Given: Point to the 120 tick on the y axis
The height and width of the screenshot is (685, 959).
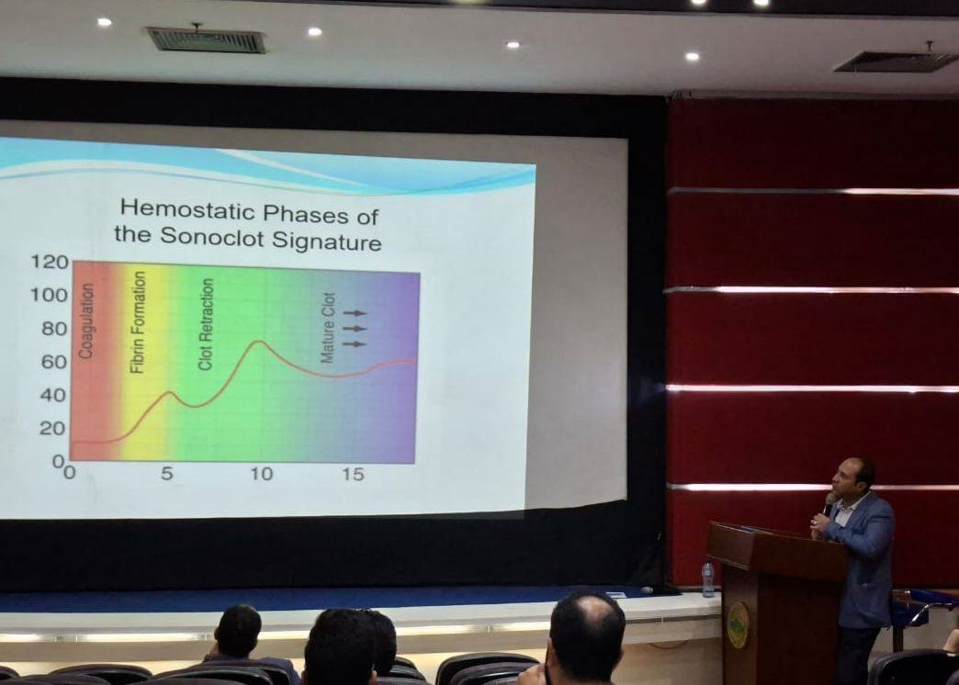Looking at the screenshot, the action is click(50, 263).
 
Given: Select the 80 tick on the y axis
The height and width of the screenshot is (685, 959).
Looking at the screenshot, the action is click(54, 329).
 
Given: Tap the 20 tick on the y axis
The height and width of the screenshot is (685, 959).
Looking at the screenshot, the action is click(52, 428).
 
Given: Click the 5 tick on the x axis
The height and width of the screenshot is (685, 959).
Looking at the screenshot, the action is click(167, 474).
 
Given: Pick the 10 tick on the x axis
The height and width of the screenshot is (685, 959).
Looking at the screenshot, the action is click(261, 474).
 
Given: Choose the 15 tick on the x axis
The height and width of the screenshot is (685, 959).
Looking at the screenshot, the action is click(353, 474).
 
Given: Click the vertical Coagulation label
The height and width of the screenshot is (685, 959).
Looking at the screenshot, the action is click(87, 320).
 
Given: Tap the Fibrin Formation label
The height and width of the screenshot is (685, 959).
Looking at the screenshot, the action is click(138, 322).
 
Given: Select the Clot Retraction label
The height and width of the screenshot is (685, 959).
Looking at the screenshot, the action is click(206, 324).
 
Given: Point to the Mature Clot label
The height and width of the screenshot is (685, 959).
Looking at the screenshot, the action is click(329, 328).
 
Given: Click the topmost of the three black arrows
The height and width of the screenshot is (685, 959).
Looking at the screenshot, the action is click(355, 313).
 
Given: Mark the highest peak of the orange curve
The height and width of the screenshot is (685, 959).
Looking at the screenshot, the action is click(259, 342).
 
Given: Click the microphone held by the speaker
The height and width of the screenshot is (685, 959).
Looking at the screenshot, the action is click(829, 503).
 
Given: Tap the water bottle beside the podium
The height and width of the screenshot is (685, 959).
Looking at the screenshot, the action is click(708, 579).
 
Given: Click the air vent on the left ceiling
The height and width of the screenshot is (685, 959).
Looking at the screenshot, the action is click(206, 39).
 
